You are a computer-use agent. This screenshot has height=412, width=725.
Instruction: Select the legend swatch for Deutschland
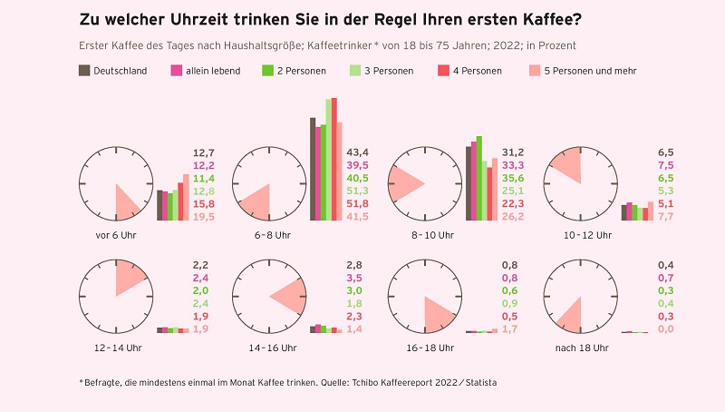(84, 71)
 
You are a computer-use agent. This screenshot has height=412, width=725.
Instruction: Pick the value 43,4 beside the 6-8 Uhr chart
(358, 152)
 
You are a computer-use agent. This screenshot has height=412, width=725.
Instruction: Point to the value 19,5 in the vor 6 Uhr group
(204, 217)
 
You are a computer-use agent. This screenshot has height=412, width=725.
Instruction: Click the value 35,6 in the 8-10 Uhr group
(513, 178)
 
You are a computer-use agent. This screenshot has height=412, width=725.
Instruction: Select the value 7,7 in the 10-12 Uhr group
(664, 217)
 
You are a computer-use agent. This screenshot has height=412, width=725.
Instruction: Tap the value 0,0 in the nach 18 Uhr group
(664, 329)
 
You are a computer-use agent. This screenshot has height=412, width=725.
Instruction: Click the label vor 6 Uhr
(115, 235)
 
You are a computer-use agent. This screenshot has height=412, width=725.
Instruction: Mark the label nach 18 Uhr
(577, 348)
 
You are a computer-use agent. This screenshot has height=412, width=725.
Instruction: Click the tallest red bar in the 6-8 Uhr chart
(333, 159)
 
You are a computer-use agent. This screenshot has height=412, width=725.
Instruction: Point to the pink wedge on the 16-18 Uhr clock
(440, 312)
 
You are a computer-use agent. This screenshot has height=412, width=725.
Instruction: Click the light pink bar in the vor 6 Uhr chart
(186, 197)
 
